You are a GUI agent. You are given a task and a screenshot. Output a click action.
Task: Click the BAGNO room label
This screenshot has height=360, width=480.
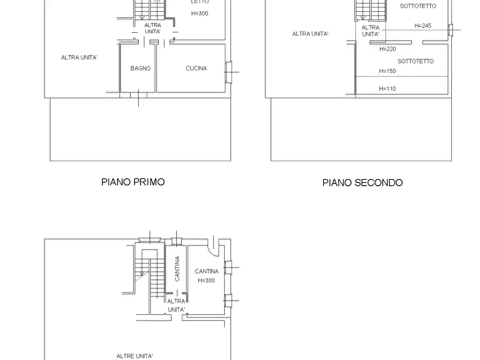click(x=140, y=69)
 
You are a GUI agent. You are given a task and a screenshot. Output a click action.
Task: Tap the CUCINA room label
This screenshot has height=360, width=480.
click(x=196, y=69)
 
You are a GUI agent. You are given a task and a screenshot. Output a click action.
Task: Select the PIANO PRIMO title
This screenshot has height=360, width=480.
click(x=133, y=182)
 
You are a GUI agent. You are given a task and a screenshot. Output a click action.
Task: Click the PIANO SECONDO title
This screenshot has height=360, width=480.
click(x=362, y=183)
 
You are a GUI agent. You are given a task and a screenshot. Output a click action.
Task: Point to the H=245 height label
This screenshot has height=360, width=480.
click(x=423, y=25)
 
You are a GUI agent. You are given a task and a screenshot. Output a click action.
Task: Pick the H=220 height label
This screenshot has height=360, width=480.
click(x=388, y=49)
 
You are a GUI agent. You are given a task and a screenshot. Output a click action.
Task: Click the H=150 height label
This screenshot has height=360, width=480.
click(x=387, y=71)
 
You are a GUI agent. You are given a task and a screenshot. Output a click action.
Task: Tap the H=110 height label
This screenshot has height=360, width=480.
click(x=387, y=89)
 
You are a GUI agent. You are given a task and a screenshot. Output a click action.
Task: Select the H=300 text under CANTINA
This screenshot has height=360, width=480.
click(x=206, y=280)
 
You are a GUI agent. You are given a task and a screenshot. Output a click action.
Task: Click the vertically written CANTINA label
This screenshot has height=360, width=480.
click(x=177, y=269)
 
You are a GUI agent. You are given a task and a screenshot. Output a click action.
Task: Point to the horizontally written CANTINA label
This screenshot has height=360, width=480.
click(x=206, y=272)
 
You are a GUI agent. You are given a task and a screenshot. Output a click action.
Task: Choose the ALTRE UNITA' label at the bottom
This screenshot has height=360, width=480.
click(x=135, y=356)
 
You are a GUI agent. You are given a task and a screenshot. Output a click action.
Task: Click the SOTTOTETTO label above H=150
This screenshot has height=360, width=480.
click(x=415, y=61)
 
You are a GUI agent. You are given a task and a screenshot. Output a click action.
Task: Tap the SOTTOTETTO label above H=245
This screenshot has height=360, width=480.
click(x=418, y=6)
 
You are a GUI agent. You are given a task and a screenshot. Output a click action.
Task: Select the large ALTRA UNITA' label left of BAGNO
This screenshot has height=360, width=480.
click(x=79, y=57)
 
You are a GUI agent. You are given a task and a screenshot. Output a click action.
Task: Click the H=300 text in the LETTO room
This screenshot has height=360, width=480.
click(x=199, y=13)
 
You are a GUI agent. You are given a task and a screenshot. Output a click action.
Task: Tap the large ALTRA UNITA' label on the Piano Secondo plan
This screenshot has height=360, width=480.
click(x=310, y=34)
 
